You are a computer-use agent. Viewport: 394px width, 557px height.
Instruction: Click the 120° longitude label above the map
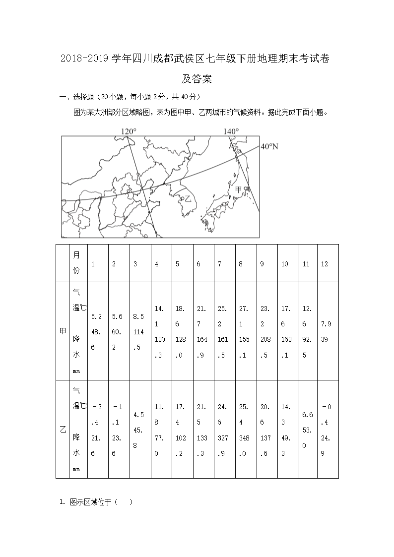tap(129, 131)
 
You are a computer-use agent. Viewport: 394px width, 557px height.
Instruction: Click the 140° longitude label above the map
tap(231, 131)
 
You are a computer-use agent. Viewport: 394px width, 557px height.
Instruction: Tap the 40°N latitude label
tap(269, 146)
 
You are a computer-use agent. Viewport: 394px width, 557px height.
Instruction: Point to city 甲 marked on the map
tap(241, 190)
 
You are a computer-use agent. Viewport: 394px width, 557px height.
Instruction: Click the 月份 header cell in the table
tap(76, 263)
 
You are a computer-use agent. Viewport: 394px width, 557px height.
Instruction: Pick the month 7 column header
tap(219, 264)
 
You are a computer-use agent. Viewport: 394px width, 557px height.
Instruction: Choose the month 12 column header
tap(325, 264)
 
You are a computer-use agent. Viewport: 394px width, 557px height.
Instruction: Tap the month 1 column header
tap(93, 264)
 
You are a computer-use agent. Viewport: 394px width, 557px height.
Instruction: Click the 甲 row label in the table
tap(63, 331)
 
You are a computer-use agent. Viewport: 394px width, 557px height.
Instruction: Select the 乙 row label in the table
tap(63, 429)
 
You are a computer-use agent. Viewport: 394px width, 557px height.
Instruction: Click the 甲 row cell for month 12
tap(327, 331)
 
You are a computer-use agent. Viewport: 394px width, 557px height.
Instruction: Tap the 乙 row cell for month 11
tap(308, 429)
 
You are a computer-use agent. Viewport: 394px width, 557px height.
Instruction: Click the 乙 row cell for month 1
tap(98, 429)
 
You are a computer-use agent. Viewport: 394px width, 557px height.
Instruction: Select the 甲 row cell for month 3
tap(140, 331)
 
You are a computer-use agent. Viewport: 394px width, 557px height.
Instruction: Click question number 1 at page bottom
tap(62, 502)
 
